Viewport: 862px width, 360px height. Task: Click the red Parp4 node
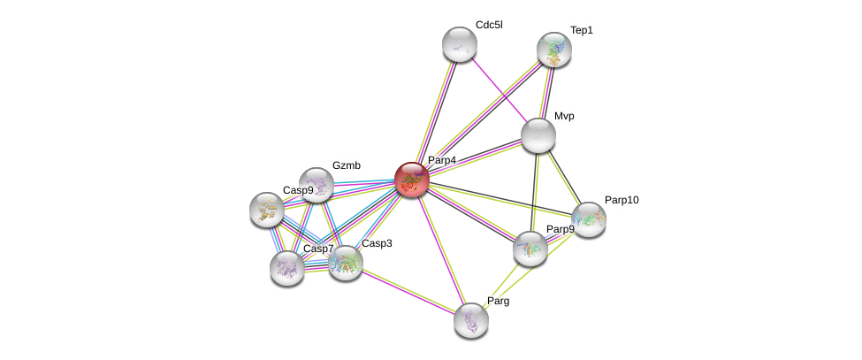412,179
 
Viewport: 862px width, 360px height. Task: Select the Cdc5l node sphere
460,44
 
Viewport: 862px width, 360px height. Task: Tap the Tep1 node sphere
554,50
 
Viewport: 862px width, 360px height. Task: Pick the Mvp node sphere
538,135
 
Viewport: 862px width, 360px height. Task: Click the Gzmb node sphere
317,185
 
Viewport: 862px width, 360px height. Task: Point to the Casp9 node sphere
267,210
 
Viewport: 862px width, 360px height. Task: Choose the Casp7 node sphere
287,267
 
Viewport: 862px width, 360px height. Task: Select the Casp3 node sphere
346,262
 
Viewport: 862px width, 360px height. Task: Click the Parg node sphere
471,319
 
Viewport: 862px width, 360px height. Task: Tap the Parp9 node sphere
530,249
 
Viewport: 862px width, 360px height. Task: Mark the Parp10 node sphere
589,219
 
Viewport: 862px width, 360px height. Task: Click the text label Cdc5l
489,25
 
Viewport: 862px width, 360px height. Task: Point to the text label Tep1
582,30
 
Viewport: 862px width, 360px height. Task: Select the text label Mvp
564,116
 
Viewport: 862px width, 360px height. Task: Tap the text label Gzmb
347,165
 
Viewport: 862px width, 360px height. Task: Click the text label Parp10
622,200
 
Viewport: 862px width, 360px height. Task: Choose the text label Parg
498,301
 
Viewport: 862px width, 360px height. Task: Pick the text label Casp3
377,243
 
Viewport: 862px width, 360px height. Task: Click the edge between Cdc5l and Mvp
499,89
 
